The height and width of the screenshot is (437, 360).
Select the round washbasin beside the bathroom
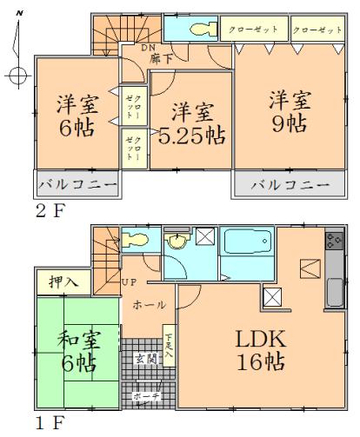tap(178, 243)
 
